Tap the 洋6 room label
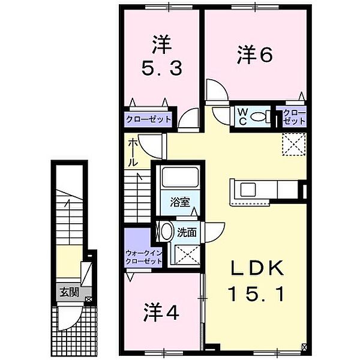(255, 55)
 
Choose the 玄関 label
(68, 292)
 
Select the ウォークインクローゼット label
(144, 257)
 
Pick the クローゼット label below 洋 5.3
(148, 119)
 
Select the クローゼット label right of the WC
(294, 116)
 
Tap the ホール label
(133, 152)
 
